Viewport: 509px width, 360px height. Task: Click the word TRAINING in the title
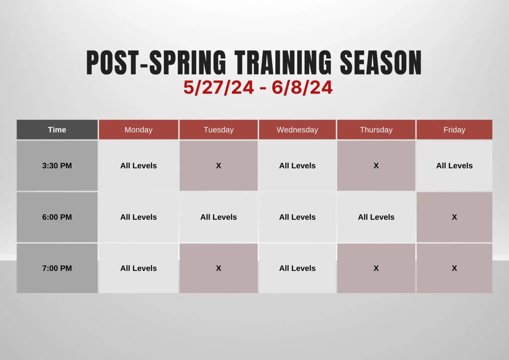coord(283,63)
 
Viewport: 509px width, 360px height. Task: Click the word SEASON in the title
coord(381,63)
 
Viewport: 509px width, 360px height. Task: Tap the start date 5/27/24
coord(219,88)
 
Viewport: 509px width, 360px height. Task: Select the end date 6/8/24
coord(302,88)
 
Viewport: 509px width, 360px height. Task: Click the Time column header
coord(57,130)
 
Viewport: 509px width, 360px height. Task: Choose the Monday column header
coord(139,130)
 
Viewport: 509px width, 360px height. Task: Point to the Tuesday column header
coord(219,130)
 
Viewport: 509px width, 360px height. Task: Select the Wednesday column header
coord(297,130)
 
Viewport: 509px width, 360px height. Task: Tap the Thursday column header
coord(376,130)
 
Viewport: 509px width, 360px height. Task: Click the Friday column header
coord(454,130)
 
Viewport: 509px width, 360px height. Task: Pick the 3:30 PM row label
coord(57,166)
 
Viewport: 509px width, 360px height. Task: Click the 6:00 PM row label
coord(57,217)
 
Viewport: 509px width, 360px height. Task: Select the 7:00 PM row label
coord(57,268)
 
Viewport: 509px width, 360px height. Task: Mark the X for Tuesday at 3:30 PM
coord(219,166)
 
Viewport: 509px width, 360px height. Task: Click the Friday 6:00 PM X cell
coord(454,217)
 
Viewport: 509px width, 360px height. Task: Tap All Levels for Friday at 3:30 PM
coord(454,166)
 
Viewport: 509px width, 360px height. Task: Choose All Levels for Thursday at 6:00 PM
coord(376,217)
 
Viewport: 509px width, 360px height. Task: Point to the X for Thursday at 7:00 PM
coord(376,268)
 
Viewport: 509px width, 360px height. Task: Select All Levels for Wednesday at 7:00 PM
coord(297,268)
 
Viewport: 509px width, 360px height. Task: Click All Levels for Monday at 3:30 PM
coord(139,166)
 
